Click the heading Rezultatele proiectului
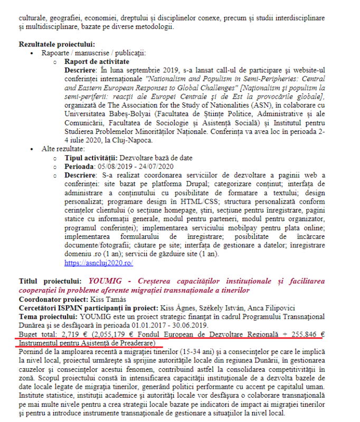57,45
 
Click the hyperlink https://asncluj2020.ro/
99,262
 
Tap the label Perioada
81,166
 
